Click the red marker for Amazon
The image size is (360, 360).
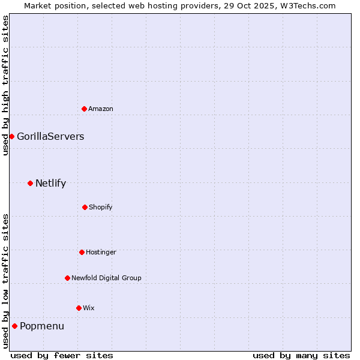pos(84,109)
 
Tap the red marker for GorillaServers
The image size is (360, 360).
pos(11,136)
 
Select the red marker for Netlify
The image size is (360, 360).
pos(30,183)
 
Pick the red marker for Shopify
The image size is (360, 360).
pos(85,207)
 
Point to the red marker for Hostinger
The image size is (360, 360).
pos(82,252)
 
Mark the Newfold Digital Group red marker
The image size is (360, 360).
pos(67,278)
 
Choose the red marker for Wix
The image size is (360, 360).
pos(79,308)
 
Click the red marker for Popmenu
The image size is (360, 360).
pos(14,326)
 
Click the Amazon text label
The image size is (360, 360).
pos(101,109)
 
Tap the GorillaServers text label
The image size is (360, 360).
pos(50,136)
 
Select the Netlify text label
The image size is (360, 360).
pos(50,183)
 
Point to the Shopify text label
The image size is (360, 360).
pos(101,207)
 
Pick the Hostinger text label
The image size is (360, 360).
pos(101,252)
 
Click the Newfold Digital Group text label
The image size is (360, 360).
pos(106,278)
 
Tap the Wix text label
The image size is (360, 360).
pos(89,308)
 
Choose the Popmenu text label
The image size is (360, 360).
pos(42,326)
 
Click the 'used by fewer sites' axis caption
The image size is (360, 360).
pos(62,355)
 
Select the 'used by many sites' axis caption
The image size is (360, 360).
pos(301,355)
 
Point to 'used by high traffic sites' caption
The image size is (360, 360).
pos(5,85)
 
